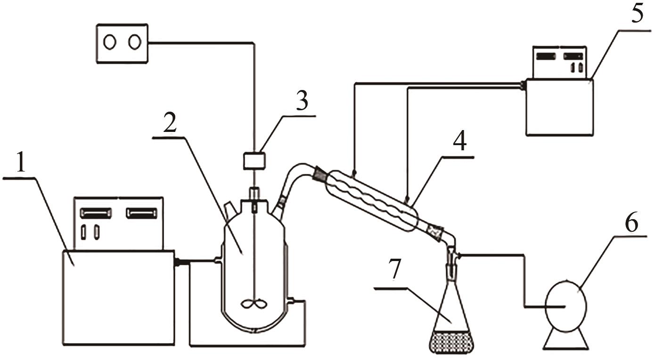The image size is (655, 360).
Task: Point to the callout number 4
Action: (x=459, y=141)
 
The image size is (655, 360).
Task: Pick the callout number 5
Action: (x=637, y=13)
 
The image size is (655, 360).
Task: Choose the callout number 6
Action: (x=631, y=221)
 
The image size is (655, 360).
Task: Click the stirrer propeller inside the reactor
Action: (x=254, y=304)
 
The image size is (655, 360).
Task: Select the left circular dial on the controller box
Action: (x=110, y=43)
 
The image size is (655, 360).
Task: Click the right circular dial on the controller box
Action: (x=135, y=42)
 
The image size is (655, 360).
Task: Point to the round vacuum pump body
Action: (x=566, y=306)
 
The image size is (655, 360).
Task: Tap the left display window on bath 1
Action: (x=96, y=213)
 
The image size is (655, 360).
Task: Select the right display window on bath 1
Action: (x=141, y=213)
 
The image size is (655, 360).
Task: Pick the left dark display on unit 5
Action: (x=546, y=57)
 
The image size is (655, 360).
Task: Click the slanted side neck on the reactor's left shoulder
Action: (x=230, y=210)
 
